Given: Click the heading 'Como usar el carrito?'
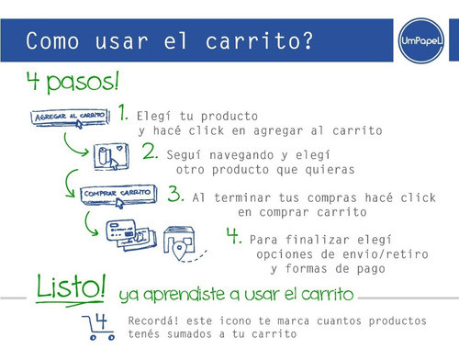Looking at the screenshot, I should tap(169, 41).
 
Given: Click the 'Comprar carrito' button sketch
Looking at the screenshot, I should tap(117, 194).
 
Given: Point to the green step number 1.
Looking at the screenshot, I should tap(123, 113).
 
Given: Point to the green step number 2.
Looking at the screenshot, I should tap(150, 152).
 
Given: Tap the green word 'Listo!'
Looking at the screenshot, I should tap(71, 286).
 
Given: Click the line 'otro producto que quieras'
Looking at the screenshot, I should tap(264, 170).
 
